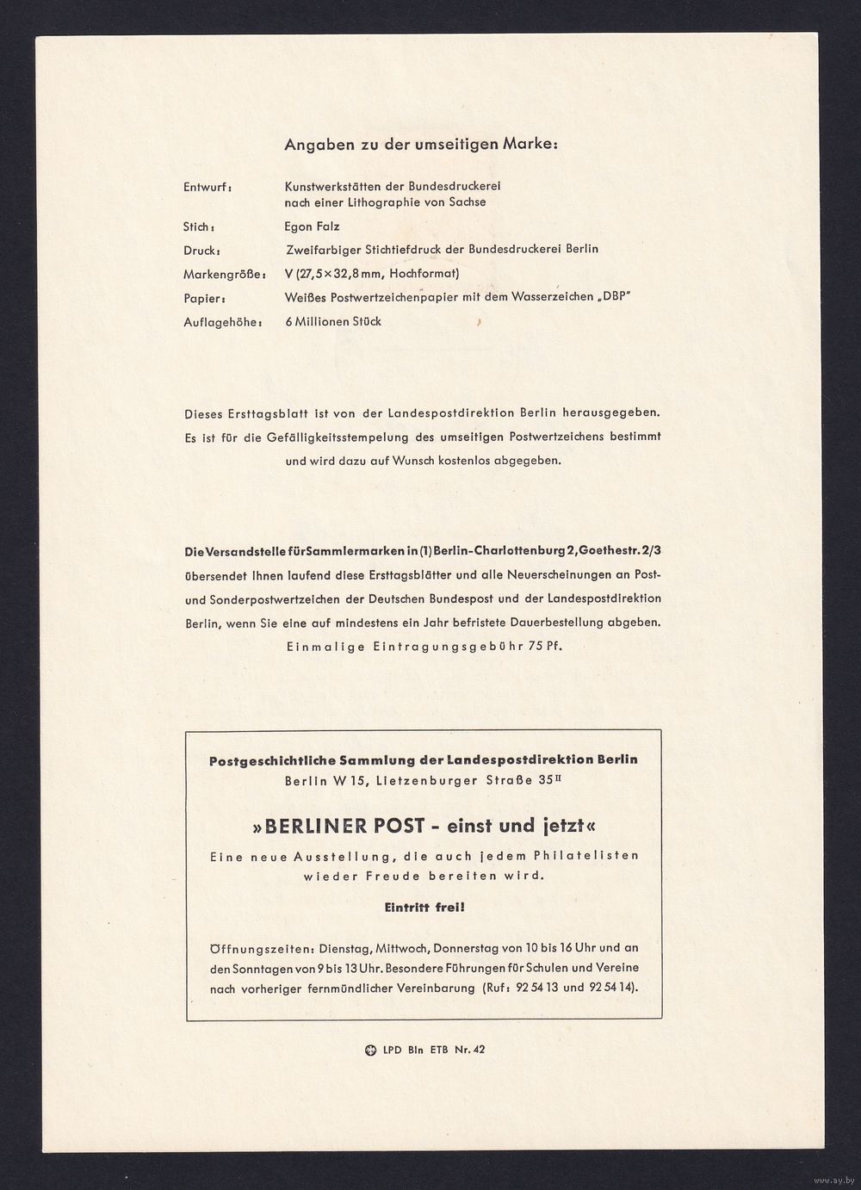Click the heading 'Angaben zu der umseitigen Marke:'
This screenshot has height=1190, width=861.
coord(421,145)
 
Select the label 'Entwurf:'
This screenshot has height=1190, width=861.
coord(208,187)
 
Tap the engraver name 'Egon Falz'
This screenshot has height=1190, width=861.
coord(312,226)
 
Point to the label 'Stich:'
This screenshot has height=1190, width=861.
coord(199,228)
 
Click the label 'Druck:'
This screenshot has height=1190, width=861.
coord(201,251)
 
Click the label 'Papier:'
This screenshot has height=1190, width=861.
coord(204,299)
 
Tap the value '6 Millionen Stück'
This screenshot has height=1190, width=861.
coord(332,321)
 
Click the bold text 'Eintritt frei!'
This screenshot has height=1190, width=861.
coord(424,907)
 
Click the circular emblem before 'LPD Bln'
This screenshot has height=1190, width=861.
coord(371,1050)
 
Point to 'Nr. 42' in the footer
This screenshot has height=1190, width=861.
coord(470,1050)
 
